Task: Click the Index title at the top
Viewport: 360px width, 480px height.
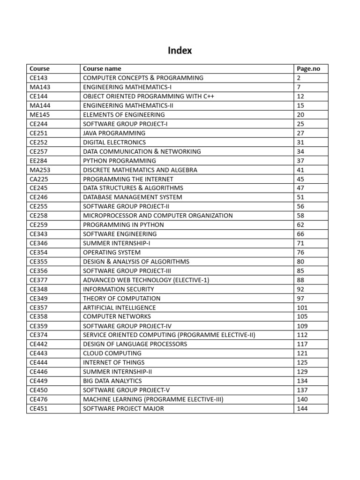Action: pos(180,51)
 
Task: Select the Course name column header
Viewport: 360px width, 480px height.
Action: pos(102,68)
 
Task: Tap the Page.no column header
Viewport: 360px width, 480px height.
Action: pos(308,68)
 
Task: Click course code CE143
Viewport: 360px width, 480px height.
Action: pos(38,78)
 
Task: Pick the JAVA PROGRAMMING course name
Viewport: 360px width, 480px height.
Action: pos(114,133)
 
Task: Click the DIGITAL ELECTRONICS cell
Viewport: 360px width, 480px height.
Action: pos(114,142)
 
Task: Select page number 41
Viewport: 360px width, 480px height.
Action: pos(300,170)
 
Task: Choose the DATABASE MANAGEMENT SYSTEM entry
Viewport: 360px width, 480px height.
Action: pos(132,197)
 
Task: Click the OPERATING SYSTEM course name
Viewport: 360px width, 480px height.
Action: pos(112,252)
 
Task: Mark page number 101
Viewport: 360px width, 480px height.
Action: pos(302,307)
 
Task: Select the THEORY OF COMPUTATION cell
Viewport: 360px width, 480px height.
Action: pos(121,298)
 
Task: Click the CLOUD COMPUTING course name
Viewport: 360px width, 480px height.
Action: pos(112,353)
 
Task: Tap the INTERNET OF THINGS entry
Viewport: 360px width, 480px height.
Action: pos(113,362)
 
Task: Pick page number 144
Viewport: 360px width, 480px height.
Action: pos(302,408)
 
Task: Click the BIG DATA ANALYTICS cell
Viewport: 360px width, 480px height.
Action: pos(112,381)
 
